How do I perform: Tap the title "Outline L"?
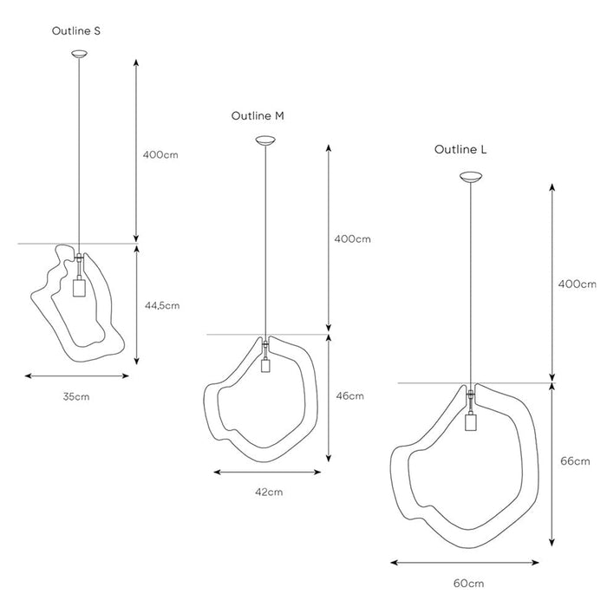(x=460, y=149)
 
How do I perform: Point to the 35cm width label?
(x=75, y=396)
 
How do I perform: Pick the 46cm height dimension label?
(x=349, y=396)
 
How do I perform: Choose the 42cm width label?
(x=269, y=492)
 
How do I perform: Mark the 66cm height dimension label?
(x=575, y=462)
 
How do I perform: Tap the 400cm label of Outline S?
(x=160, y=155)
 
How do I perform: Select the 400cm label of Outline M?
(x=352, y=238)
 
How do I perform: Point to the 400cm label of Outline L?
(x=577, y=284)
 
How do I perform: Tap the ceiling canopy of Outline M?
(x=265, y=140)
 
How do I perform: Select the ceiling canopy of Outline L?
(x=472, y=179)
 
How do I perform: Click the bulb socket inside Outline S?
(x=78, y=287)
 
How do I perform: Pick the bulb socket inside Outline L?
(x=472, y=422)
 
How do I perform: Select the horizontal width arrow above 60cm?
(x=471, y=561)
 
